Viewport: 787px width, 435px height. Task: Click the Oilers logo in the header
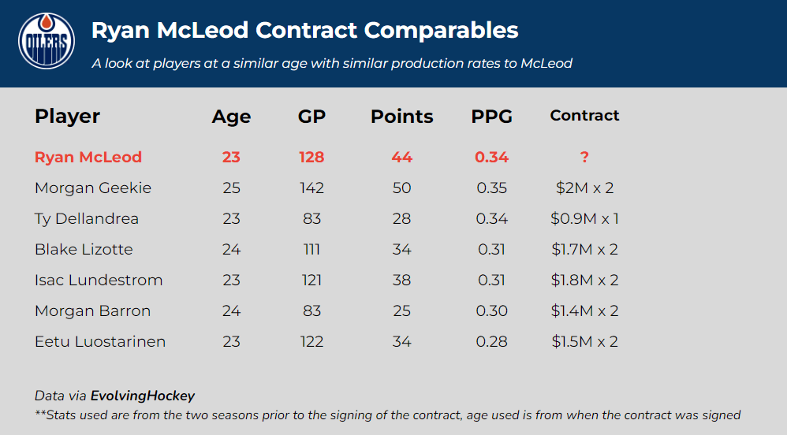pyautogui.click(x=47, y=41)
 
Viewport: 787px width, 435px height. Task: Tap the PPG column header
pyautogui.click(x=491, y=117)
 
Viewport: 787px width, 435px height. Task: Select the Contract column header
pyautogui.click(x=584, y=116)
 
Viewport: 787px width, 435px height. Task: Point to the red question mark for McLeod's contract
pyautogui.click(x=584, y=157)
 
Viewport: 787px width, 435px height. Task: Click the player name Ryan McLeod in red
pyautogui.click(x=88, y=157)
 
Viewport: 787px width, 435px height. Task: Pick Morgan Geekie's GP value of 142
pyautogui.click(x=311, y=188)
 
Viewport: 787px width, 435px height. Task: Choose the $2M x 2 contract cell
pyautogui.click(x=584, y=188)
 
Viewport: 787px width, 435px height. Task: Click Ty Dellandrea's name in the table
pyautogui.click(x=87, y=218)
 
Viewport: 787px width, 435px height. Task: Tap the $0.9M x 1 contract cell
pyautogui.click(x=584, y=218)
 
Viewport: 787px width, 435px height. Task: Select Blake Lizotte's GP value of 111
pyautogui.click(x=311, y=249)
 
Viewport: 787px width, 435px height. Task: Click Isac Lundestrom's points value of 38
pyautogui.click(x=401, y=280)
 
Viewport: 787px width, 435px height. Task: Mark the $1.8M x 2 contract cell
pyautogui.click(x=584, y=280)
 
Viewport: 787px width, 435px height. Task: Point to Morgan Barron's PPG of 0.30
pyautogui.click(x=491, y=310)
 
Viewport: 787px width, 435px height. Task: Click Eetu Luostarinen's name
pyautogui.click(x=100, y=341)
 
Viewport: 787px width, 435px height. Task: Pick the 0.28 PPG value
pyautogui.click(x=491, y=341)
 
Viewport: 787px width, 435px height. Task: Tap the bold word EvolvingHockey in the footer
pyautogui.click(x=143, y=396)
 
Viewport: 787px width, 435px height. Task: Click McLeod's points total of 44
pyautogui.click(x=401, y=157)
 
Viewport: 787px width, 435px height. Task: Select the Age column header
pyautogui.click(x=231, y=117)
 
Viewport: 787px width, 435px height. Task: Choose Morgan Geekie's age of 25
pyautogui.click(x=231, y=188)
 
